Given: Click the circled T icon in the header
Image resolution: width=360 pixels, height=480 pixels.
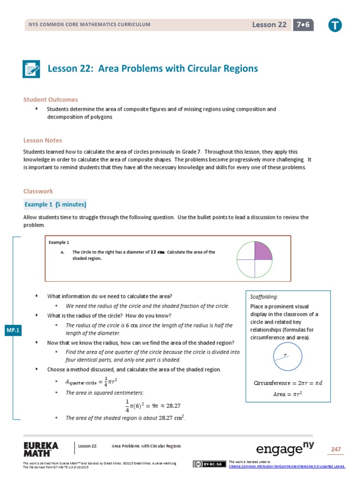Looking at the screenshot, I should [x=335, y=25].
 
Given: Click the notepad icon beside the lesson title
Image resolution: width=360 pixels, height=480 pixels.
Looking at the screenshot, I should [x=32, y=69].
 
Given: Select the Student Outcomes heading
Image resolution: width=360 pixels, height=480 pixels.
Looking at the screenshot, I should [x=51, y=99].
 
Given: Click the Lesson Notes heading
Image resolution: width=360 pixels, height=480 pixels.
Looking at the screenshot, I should [x=43, y=140].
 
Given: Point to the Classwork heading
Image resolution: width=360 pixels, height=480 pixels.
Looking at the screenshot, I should [x=38, y=191].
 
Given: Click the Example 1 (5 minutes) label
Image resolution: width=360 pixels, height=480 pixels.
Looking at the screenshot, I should [x=55, y=205].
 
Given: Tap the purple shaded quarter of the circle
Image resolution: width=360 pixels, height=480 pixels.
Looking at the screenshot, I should [x=262, y=251].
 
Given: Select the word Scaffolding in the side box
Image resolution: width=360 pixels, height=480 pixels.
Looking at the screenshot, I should [x=264, y=297].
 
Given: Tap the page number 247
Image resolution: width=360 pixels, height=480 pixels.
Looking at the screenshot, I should [x=336, y=450].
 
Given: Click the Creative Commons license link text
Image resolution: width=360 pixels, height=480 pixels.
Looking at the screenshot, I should [x=286, y=466].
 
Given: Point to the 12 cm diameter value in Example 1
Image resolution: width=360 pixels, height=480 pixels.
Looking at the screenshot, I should [x=157, y=252].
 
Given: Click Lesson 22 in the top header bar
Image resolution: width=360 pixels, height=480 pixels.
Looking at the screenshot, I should [x=269, y=25].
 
